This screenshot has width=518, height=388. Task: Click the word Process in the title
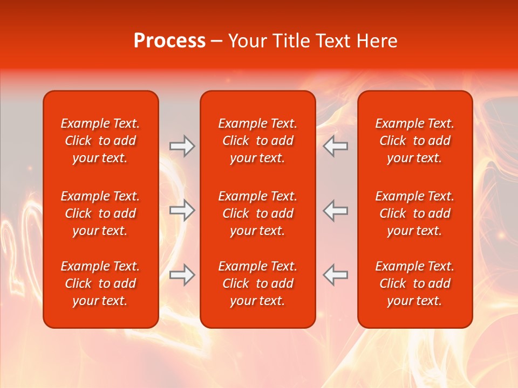tap(169, 41)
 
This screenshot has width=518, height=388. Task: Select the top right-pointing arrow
tap(182, 146)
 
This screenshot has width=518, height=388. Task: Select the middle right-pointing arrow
tap(182, 210)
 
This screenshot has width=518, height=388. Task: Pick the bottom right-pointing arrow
tap(182, 275)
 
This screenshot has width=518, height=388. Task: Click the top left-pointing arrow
tap(336, 146)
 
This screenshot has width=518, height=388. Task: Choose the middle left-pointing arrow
tap(336, 210)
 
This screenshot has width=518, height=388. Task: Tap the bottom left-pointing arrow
tap(336, 275)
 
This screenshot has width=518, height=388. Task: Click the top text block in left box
tap(100, 141)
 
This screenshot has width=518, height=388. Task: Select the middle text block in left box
tap(100, 213)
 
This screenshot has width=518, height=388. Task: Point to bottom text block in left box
tap(100, 283)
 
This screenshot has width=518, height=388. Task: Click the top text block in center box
tap(257, 141)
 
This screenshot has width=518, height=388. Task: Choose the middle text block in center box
tap(257, 213)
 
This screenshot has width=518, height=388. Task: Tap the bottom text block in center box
tap(257, 283)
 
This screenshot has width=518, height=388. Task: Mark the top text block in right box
tap(415, 141)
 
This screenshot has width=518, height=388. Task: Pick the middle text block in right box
tap(415, 213)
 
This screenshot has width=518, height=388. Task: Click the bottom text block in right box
tap(415, 283)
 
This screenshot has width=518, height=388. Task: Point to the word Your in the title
tap(247, 41)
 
